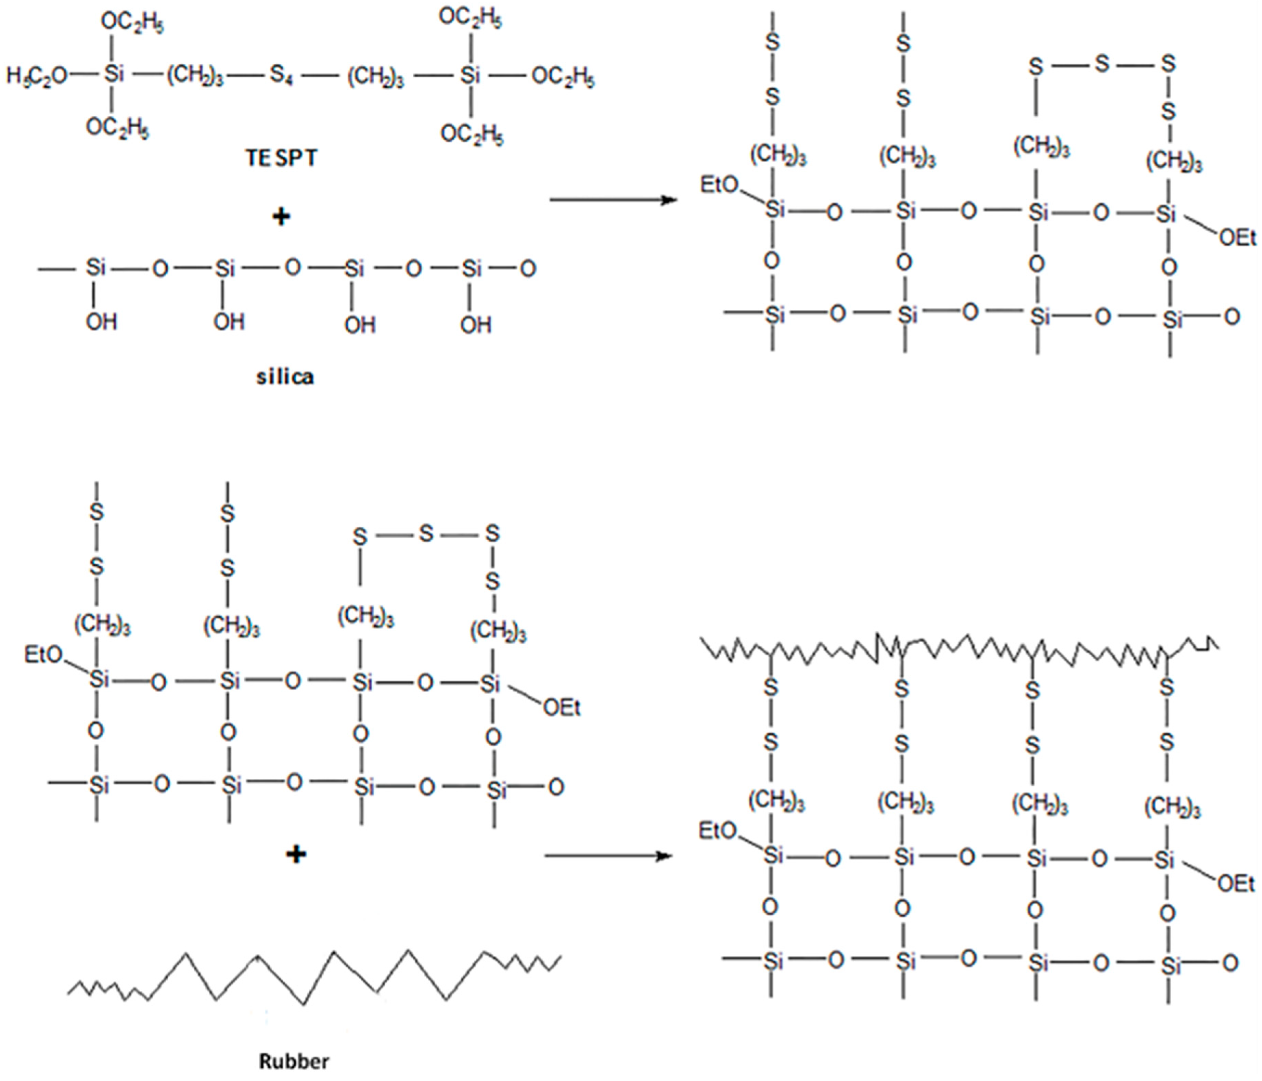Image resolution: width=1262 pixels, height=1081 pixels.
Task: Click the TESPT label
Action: (281, 158)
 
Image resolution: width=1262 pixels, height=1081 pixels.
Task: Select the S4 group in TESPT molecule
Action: (281, 76)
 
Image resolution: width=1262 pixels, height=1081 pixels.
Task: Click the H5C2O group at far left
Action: (37, 76)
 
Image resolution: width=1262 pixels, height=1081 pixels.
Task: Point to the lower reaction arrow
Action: (608, 856)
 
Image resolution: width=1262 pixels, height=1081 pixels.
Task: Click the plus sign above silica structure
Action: (281, 217)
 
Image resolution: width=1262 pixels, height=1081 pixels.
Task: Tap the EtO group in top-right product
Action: (719, 184)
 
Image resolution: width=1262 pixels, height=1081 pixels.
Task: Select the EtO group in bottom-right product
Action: (718, 831)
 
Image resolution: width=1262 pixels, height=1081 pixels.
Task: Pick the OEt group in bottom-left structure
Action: (562, 708)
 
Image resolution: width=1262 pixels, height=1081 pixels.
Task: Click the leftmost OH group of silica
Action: (101, 322)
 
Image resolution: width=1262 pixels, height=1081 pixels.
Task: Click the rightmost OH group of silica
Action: (475, 325)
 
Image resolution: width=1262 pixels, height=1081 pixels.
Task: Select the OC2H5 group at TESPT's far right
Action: (563, 77)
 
